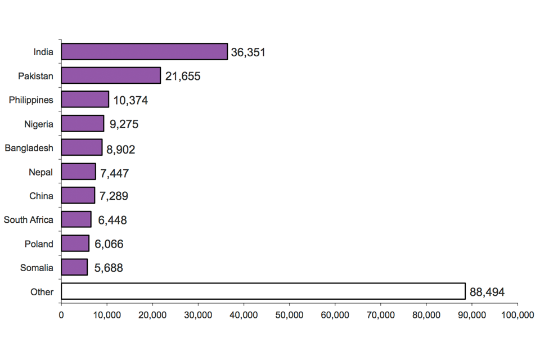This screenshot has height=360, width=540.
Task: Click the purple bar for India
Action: [144, 52]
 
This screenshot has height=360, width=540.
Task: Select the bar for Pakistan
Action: [111, 75]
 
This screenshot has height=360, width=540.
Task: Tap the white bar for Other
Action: [263, 291]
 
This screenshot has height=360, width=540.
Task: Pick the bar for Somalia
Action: [74, 267]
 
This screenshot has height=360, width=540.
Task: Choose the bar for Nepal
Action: [78, 172]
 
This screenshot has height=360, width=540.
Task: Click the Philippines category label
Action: [31, 100]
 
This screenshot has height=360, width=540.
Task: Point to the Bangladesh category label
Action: [29, 148]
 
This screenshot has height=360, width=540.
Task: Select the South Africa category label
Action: [29, 220]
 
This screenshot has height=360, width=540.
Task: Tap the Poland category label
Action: [39, 244]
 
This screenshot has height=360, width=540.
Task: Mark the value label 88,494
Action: [487, 292]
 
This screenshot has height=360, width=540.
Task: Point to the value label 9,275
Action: [124, 124]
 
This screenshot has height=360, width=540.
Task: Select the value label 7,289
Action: [114, 196]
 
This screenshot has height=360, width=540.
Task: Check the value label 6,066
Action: [109, 244]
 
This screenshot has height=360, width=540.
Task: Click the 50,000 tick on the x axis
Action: [289, 316]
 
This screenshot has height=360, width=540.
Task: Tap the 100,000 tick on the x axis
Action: [517, 316]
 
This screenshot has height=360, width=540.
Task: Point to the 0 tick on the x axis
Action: [61, 316]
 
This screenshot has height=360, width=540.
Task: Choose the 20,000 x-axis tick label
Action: [152, 316]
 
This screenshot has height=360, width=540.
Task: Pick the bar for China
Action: [78, 195]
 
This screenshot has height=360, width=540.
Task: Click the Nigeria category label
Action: [39, 124]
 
